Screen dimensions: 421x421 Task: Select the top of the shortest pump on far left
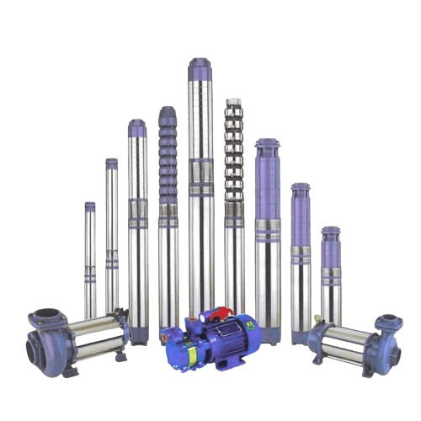point(89,205)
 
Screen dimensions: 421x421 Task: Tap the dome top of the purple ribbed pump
point(167,110)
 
